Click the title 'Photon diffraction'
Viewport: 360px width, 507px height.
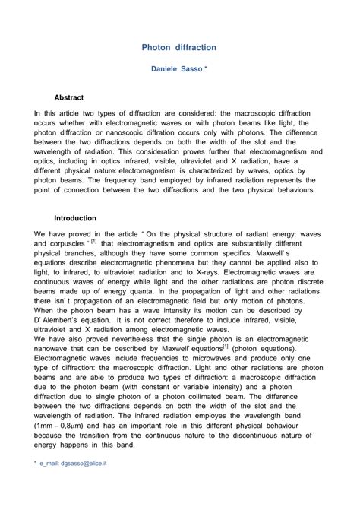tap(179, 47)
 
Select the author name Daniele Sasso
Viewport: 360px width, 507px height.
tap(175, 70)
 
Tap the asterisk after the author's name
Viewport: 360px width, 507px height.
tap(205, 69)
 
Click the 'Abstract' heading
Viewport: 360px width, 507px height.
tap(69, 98)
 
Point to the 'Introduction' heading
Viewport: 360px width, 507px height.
tap(74, 217)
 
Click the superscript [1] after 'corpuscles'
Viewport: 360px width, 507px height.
tap(93, 242)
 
